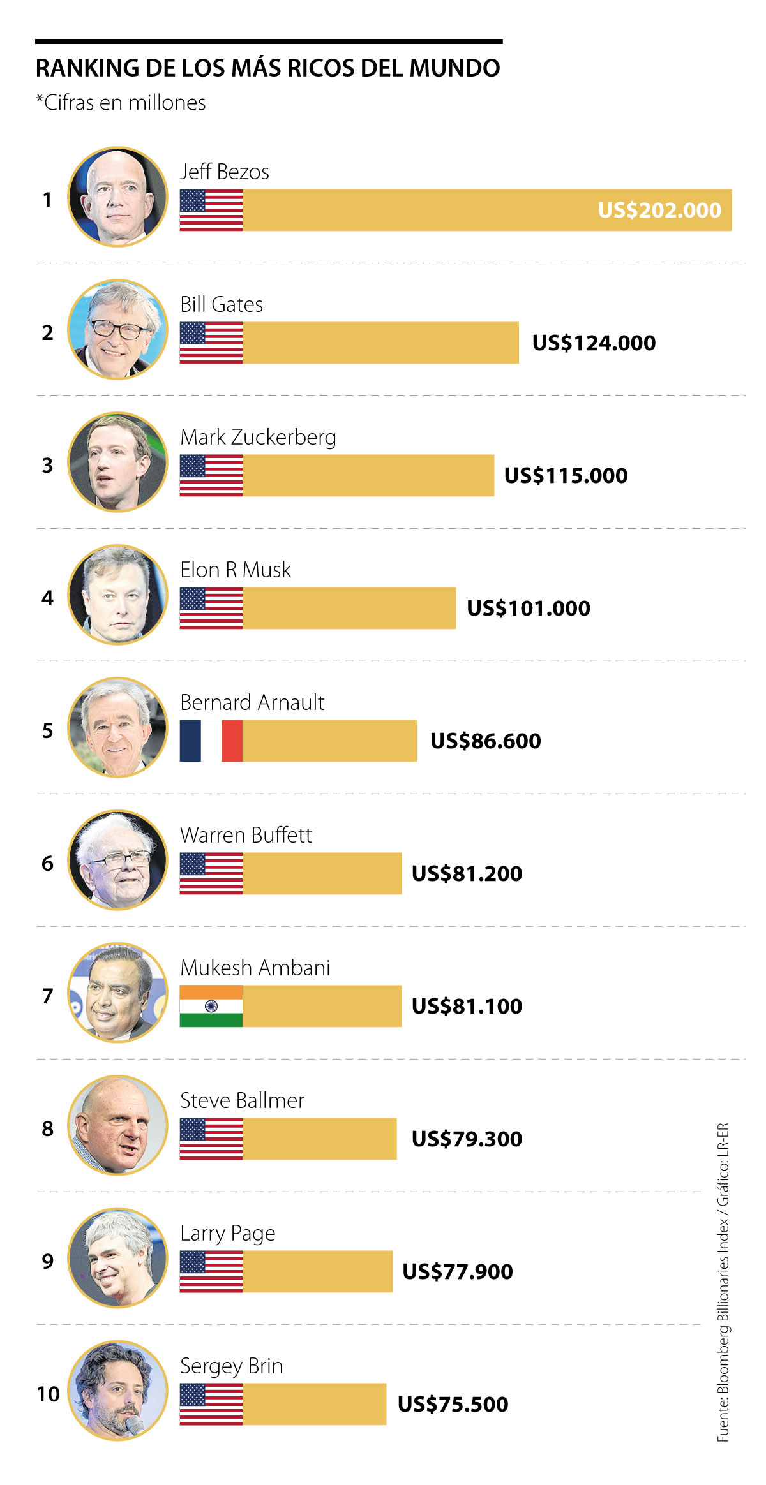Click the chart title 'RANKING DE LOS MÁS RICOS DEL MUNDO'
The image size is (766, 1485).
267,68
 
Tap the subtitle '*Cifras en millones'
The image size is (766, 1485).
121,103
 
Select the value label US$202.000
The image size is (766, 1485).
659,210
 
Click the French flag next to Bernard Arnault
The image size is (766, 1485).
211,741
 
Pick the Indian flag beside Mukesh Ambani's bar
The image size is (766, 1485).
211,1006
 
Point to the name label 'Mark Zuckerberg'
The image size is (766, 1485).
258,438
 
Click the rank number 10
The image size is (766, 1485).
48,1394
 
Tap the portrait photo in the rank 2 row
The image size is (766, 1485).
117,329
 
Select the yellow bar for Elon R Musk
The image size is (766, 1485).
349,608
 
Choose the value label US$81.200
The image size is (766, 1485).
467,873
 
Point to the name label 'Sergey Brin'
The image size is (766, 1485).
231,1366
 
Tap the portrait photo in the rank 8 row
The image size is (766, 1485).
117,1125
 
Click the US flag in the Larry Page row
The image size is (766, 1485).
211,1271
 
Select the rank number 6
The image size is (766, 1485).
47,863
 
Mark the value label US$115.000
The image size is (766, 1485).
566,475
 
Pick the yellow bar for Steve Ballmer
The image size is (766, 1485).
319,1139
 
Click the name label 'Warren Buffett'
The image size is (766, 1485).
246,835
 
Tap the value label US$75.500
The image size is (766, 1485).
453,1404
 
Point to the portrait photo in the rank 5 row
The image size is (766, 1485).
117,727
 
